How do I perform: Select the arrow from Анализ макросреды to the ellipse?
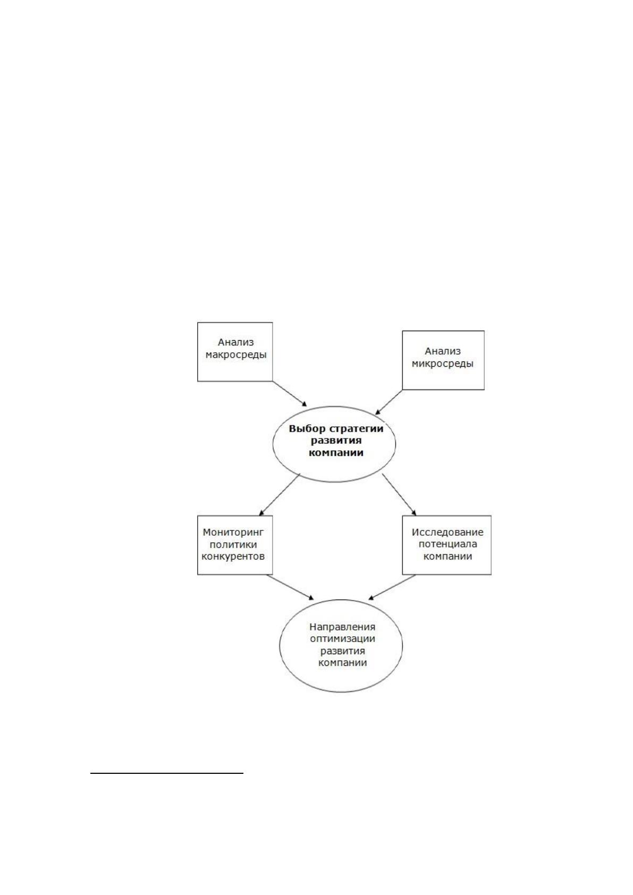click(x=290, y=394)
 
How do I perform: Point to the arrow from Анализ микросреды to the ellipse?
click(x=389, y=402)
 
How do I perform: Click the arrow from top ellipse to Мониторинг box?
click(x=280, y=495)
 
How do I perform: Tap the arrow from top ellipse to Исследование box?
click(x=399, y=495)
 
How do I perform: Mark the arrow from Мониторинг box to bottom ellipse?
click(x=290, y=587)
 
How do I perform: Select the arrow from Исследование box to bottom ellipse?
click(x=392, y=587)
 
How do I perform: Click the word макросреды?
click(x=236, y=355)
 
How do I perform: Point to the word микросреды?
click(x=442, y=364)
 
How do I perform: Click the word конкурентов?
click(x=233, y=556)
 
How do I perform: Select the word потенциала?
click(x=448, y=544)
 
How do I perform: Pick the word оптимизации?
click(x=342, y=638)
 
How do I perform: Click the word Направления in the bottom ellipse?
click(x=342, y=627)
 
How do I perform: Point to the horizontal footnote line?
click(x=167, y=773)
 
